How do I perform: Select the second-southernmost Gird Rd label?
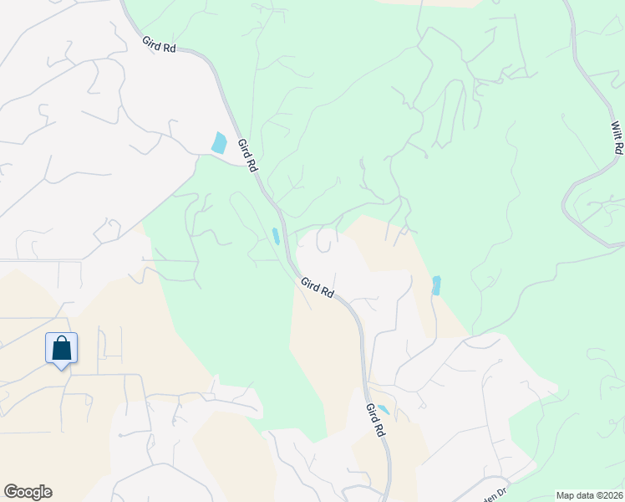(x=318, y=289)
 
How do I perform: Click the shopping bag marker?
(x=61, y=347)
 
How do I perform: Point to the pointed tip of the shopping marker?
(x=61, y=366)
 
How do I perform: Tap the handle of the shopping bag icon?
(x=61, y=340)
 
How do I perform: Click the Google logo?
(x=28, y=492)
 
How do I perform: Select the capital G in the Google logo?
(x=10, y=491)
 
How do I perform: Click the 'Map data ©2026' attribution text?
(x=589, y=495)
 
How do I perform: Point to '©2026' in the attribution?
(x=607, y=495)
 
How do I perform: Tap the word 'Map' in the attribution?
(x=566, y=495)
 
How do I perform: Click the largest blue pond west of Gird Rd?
(x=219, y=142)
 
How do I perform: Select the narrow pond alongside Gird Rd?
(x=276, y=236)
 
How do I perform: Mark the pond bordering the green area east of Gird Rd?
(x=435, y=285)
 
